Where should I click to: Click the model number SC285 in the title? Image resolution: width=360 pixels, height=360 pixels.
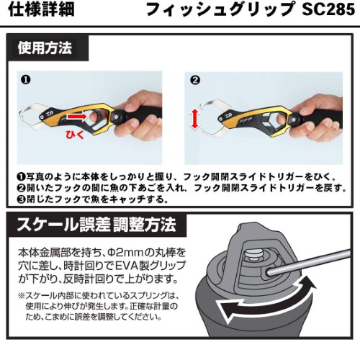(328, 9)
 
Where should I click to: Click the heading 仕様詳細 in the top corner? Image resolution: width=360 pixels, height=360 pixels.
(41, 9)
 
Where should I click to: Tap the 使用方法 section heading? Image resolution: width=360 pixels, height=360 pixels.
(45, 48)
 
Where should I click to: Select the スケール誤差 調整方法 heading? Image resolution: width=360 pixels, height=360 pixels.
(96, 225)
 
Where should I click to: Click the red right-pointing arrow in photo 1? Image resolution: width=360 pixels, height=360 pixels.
(76, 117)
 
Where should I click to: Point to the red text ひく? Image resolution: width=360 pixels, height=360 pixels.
(75, 135)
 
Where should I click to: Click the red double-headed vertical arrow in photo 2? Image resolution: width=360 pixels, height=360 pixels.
(195, 118)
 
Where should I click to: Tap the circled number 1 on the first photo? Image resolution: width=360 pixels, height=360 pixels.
(26, 79)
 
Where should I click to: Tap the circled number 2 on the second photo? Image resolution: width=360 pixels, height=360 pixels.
(195, 80)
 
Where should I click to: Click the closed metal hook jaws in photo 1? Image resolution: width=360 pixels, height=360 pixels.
(31, 117)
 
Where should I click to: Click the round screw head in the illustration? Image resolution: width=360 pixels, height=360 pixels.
(254, 256)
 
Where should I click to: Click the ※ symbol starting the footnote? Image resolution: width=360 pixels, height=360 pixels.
(22, 295)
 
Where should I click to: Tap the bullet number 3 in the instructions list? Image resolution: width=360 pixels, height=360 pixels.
(22, 199)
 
